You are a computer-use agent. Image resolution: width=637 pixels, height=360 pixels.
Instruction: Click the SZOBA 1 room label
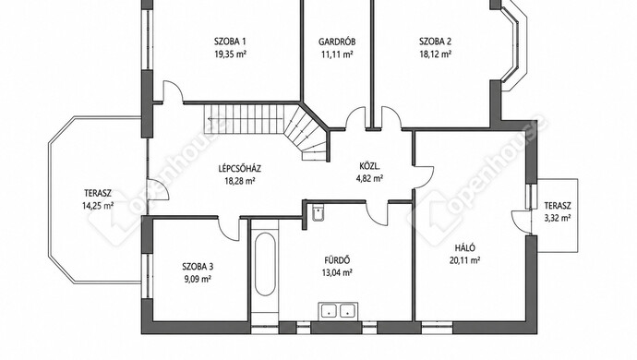(230, 42)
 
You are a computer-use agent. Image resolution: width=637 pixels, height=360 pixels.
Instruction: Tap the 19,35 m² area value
(231, 54)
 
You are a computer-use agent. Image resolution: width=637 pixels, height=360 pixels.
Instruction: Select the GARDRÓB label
(337, 42)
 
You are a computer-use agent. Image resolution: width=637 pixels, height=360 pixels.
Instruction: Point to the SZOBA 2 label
(435, 42)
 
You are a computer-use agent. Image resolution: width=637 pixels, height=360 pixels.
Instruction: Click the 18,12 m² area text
(436, 54)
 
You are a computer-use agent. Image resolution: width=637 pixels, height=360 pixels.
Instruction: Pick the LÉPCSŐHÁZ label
(240, 168)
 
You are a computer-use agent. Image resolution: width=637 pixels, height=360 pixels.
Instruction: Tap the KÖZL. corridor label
(369, 166)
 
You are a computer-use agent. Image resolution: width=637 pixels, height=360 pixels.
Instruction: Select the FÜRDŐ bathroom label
(337, 260)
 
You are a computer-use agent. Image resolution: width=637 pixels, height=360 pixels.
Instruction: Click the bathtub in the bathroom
(265, 264)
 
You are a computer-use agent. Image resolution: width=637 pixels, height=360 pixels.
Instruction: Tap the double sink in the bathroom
(338, 311)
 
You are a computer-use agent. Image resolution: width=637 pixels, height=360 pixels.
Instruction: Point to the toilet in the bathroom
(318, 213)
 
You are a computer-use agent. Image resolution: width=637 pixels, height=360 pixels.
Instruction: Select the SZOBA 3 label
(198, 267)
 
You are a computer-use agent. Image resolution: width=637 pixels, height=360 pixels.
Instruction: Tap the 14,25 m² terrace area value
(98, 206)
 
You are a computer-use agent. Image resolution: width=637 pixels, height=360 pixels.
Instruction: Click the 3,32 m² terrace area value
(558, 218)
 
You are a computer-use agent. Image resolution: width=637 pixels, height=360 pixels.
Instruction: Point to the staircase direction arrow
(245, 119)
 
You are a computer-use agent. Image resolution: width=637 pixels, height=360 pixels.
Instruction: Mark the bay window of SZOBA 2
(514, 45)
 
